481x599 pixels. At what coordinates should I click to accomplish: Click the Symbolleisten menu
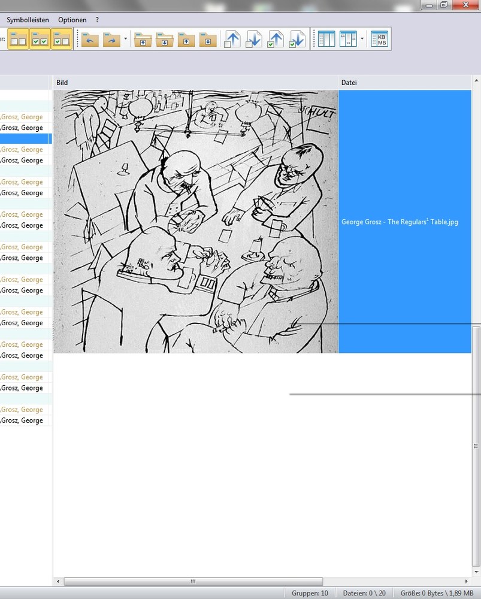(28, 20)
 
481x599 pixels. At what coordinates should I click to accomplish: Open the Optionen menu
(72, 20)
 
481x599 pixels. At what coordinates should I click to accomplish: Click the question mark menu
(97, 20)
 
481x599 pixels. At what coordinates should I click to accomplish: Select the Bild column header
(62, 83)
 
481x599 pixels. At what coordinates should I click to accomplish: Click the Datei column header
(349, 83)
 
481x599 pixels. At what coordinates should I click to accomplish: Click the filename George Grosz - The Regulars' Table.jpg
(400, 222)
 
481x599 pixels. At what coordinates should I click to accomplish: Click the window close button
(465, 5)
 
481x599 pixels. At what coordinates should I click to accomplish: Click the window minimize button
(429, 5)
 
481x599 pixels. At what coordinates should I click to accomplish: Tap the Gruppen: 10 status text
(310, 593)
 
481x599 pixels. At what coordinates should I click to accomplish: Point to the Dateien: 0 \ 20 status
(364, 593)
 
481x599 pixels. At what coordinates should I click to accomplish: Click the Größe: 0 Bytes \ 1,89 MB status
(437, 593)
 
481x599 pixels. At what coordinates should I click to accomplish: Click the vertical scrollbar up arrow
(476, 81)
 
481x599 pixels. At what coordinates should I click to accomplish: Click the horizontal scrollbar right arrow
(466, 582)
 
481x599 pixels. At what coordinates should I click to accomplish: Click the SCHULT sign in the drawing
(317, 111)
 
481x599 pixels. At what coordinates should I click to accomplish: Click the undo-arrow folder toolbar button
(90, 39)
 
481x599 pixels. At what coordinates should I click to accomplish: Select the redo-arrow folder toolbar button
(111, 39)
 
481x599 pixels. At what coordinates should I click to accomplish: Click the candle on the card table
(256, 249)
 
